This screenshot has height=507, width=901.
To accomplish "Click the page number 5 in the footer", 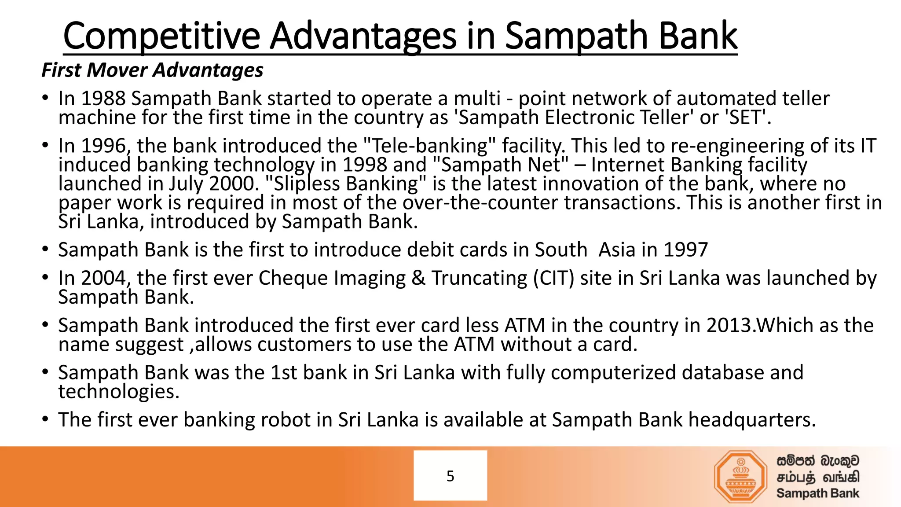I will click(x=450, y=476).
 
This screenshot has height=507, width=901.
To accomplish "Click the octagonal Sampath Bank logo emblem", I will click(x=741, y=477).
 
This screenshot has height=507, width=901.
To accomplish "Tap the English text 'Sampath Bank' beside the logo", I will click(x=817, y=493).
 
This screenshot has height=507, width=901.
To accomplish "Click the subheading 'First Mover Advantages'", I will click(x=152, y=70).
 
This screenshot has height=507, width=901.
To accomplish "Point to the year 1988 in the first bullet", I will click(x=103, y=99).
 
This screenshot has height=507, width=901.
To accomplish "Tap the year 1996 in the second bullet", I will click(x=104, y=146).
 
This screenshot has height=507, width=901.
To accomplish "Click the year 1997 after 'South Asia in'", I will click(x=685, y=250).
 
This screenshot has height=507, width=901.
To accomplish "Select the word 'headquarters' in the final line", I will click(x=751, y=420).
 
